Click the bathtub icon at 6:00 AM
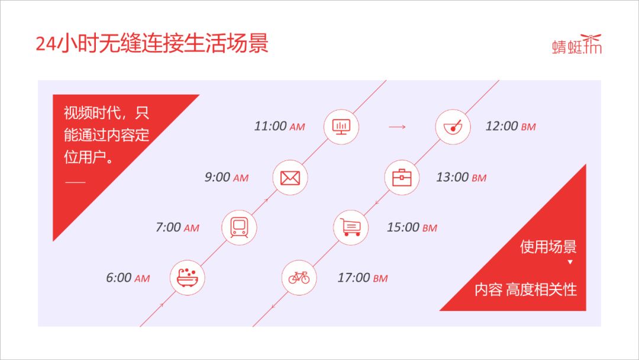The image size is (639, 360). [188, 278]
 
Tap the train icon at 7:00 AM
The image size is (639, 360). [239, 227]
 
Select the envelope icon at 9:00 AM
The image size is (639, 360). [290, 178]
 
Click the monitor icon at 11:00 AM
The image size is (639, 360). [341, 127]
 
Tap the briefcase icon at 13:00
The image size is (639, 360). [402, 178]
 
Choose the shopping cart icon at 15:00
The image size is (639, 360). [351, 227]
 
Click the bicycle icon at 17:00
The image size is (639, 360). [299, 278]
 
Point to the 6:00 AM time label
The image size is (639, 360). [128, 278]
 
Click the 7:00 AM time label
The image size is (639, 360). [177, 227]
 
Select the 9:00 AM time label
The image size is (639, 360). [227, 178]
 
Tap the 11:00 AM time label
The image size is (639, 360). [279, 126]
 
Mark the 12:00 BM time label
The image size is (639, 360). [511, 126]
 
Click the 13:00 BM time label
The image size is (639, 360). [461, 178]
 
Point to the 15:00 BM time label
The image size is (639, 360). [412, 227]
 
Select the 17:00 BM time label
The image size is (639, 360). [363, 278]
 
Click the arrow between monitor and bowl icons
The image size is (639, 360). [397, 127]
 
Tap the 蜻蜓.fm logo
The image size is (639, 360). [577, 44]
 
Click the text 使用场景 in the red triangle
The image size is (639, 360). [548, 247]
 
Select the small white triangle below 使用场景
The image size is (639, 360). [570, 262]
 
